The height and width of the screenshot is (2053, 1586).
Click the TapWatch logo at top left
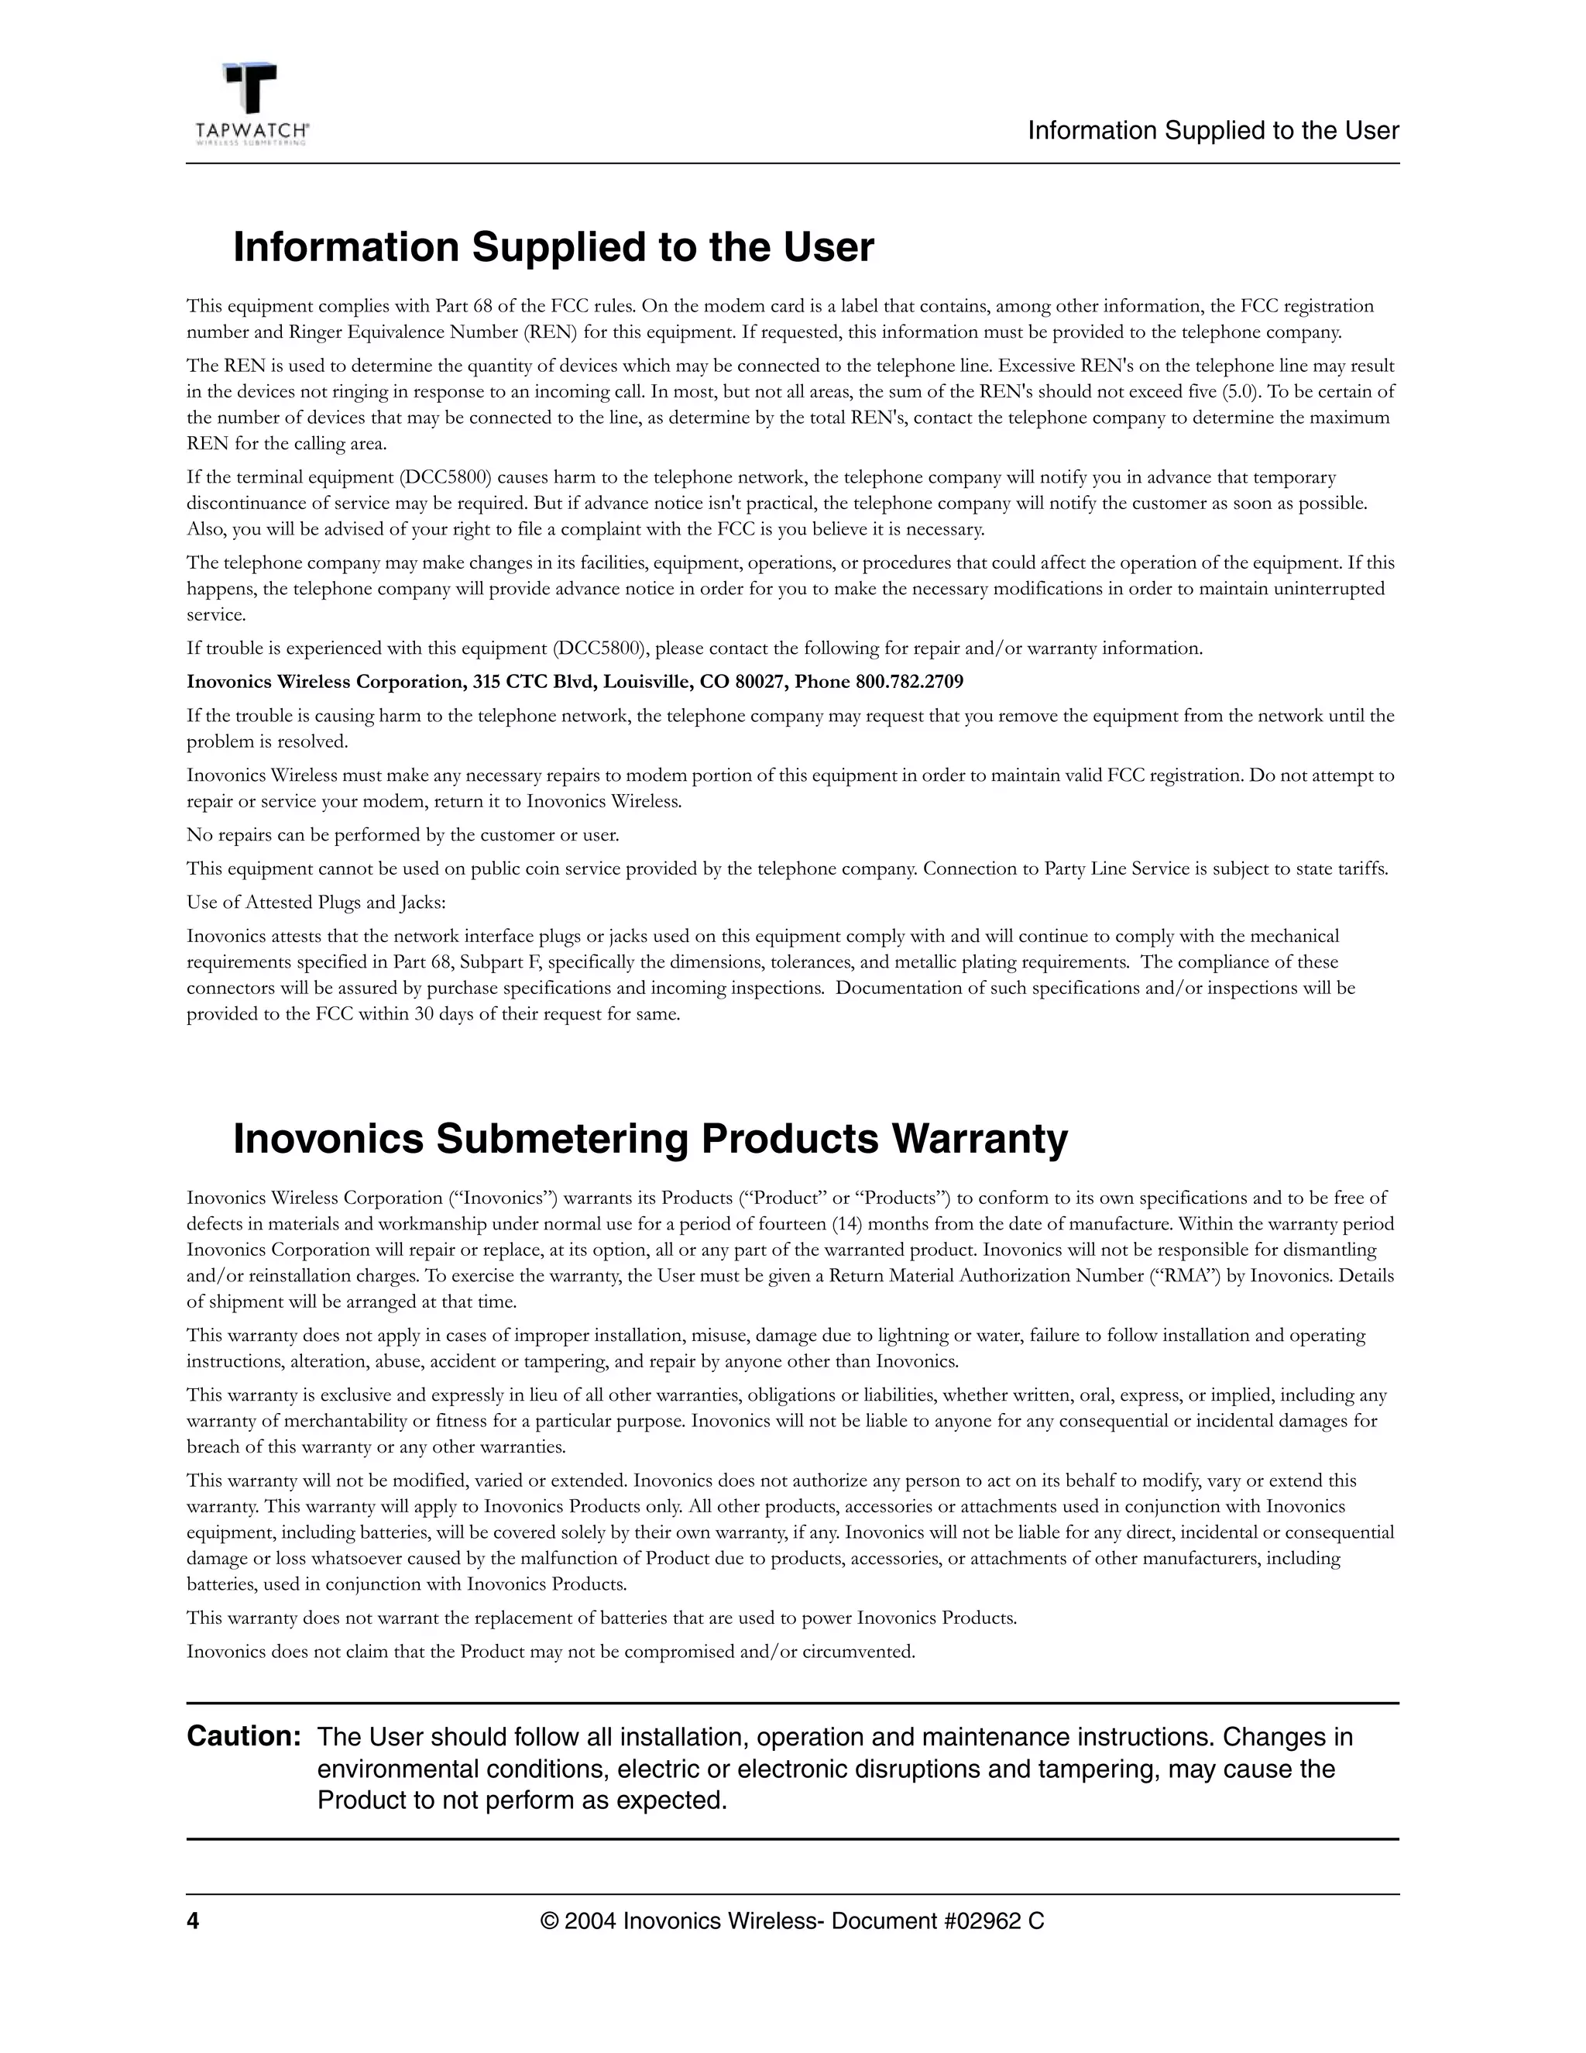point(252,103)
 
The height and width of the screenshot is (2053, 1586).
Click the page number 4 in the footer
point(193,1921)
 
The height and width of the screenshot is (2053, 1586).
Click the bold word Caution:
point(243,1736)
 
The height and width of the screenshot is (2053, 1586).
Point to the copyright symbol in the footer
point(549,1921)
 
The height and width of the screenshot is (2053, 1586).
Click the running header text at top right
point(1213,131)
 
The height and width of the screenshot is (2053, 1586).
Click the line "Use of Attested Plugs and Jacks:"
point(316,903)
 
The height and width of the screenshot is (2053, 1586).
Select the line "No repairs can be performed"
point(402,834)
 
